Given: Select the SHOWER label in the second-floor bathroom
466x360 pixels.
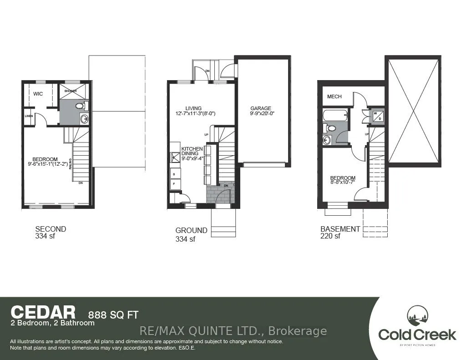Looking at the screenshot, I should tap(71, 91).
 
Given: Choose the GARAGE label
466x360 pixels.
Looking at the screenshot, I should tap(261, 109).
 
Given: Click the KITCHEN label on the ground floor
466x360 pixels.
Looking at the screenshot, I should tap(192, 149).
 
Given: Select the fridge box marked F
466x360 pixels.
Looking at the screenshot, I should tap(174, 184).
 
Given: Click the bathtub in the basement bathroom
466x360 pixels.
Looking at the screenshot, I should tap(334, 116).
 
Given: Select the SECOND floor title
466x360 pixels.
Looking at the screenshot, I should tap(51, 229).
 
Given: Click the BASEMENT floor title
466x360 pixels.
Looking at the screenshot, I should tap(340, 229).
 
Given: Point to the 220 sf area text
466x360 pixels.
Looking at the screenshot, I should tap(330, 236).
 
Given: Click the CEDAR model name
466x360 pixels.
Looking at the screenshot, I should tap(43, 312).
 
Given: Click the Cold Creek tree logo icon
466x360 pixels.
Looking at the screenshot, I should tap(417, 317).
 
